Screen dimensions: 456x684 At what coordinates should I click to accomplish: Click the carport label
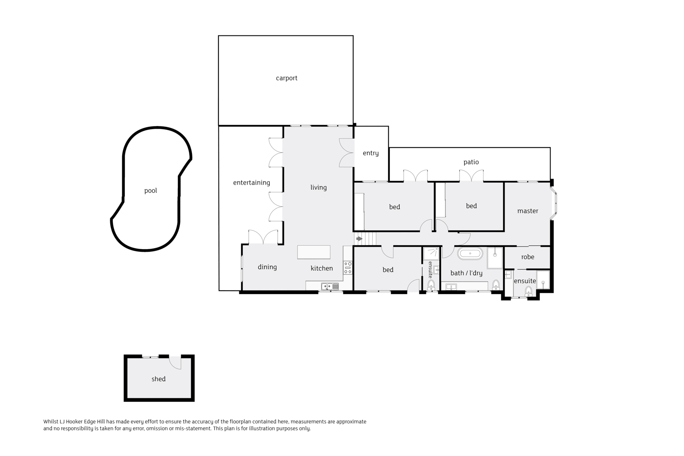pos(286,78)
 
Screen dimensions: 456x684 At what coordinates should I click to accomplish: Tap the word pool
pos(150,191)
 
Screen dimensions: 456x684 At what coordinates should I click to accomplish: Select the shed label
pos(158,379)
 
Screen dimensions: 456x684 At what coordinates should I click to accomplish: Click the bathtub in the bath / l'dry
pos(470,254)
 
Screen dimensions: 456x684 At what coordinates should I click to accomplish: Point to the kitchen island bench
pos(314,252)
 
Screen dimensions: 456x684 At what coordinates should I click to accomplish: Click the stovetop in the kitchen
pos(348,268)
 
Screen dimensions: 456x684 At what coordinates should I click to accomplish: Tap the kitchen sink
pos(330,286)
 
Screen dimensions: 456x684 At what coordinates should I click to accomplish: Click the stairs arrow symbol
pos(360,238)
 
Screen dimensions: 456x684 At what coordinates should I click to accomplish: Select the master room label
pos(528,211)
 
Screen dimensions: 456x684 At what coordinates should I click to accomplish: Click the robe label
pos(528,257)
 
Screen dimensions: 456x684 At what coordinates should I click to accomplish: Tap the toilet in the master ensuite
pos(528,291)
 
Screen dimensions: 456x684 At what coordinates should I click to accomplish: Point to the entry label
pos(371,153)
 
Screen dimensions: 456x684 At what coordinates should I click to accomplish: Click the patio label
pos(471,162)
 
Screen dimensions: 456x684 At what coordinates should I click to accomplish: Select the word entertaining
pos(251,182)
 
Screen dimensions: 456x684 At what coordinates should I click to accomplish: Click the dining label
pos(267,267)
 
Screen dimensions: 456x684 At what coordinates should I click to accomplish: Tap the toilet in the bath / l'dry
pos(496,285)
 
